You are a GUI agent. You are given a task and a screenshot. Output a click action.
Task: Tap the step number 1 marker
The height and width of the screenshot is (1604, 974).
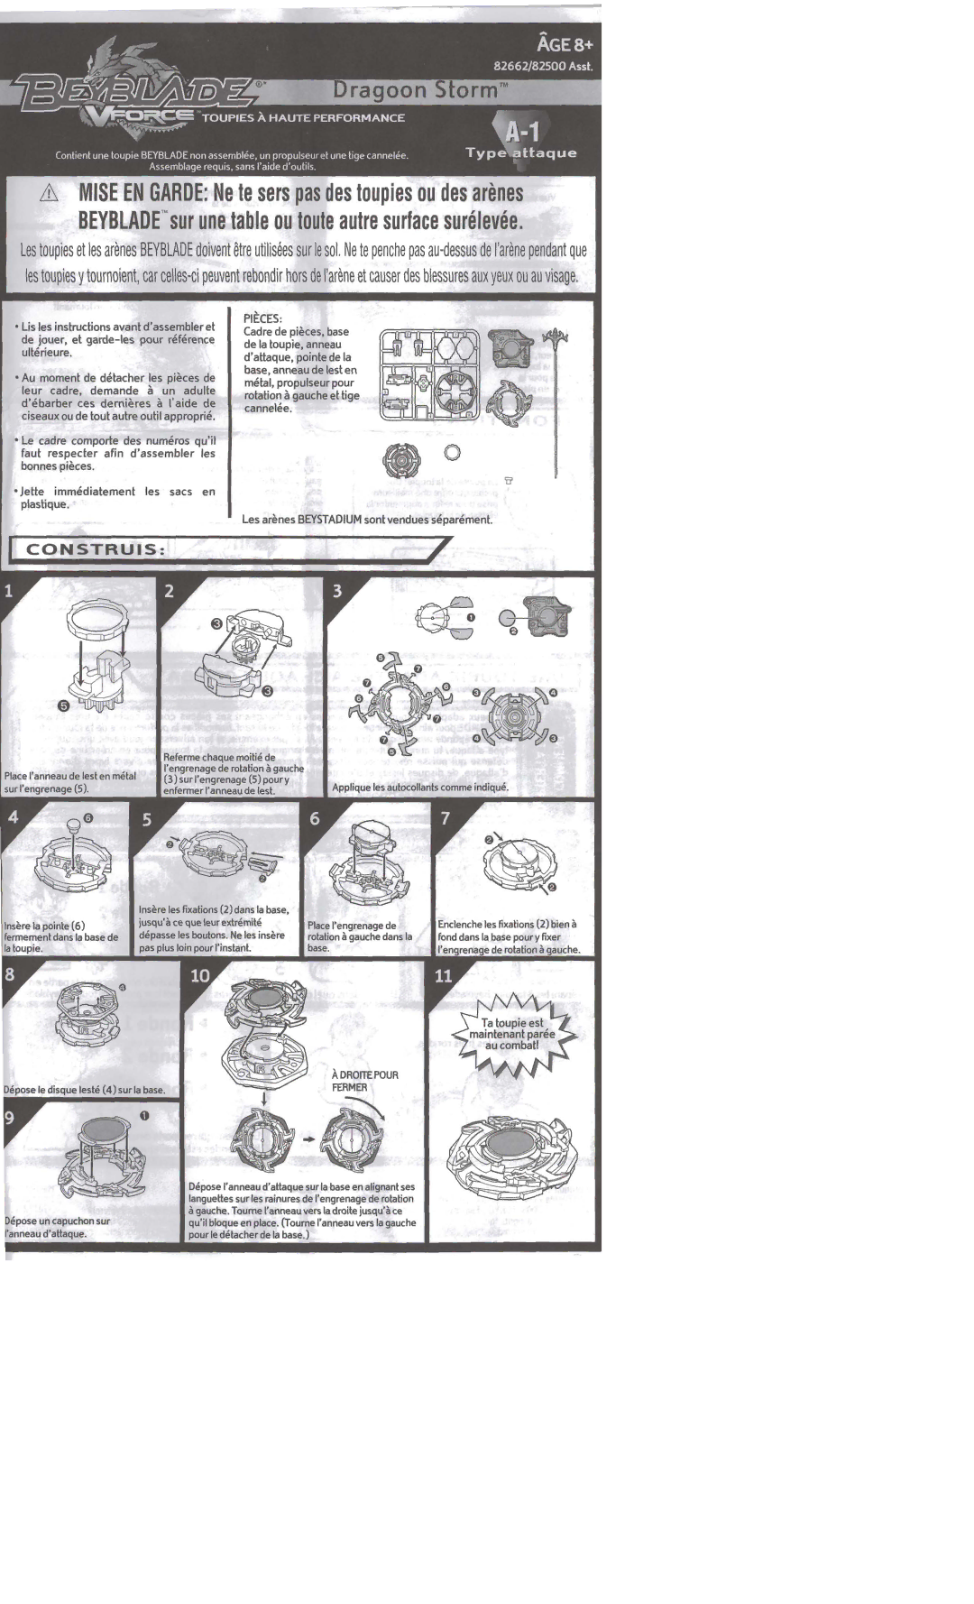click(x=9, y=592)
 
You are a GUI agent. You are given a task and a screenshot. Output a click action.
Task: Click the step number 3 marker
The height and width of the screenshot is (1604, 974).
click(x=337, y=592)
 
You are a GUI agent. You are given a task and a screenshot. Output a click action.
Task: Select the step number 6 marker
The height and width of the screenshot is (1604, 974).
click(x=315, y=819)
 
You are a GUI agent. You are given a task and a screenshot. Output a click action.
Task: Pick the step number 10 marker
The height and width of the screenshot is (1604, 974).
click(x=200, y=975)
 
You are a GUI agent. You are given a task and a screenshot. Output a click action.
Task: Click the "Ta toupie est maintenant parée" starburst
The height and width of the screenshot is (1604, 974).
click(x=512, y=1034)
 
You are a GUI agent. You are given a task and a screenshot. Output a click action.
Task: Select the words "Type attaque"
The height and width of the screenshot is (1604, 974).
click(x=521, y=152)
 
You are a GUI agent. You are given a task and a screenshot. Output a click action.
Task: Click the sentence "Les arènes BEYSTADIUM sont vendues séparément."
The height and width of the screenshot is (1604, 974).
click(x=367, y=520)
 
